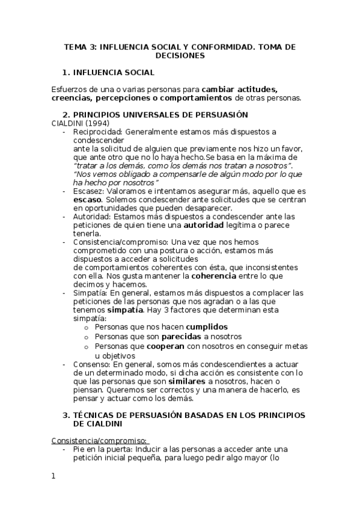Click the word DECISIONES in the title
click(180, 55)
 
